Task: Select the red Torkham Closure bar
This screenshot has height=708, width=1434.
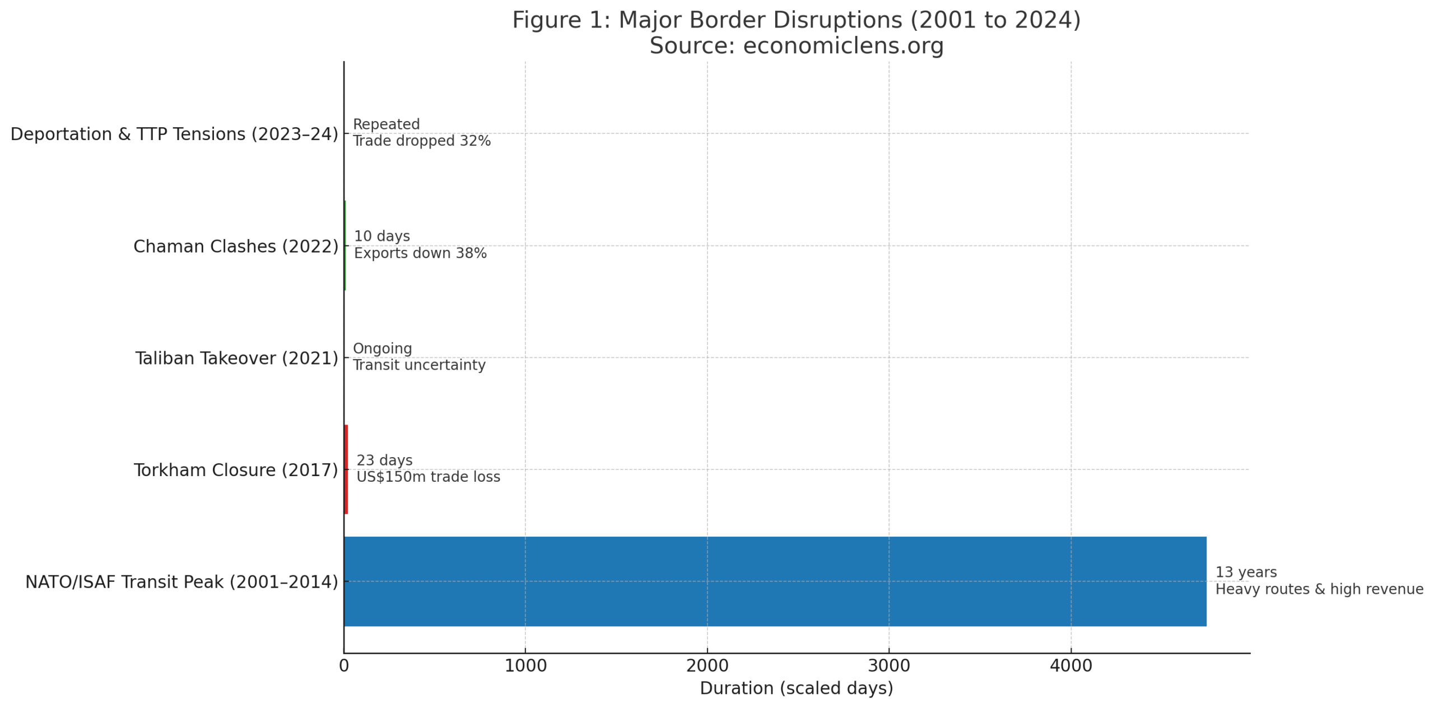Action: click(346, 469)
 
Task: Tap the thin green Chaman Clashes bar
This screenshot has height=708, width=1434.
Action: click(345, 245)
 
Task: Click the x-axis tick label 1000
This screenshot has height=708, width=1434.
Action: click(525, 666)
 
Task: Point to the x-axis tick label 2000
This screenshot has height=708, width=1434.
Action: click(707, 666)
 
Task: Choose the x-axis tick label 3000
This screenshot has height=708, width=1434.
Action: click(888, 666)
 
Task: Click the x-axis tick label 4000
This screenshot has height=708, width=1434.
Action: click(1070, 666)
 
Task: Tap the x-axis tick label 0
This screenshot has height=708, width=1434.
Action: click(343, 666)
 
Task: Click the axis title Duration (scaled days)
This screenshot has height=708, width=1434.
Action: click(796, 688)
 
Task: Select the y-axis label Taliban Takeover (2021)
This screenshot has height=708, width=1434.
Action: click(236, 358)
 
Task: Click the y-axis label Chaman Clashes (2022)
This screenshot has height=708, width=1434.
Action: click(235, 246)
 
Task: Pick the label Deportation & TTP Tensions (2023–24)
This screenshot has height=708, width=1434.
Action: click(174, 134)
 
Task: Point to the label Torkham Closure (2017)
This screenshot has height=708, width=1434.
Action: click(235, 470)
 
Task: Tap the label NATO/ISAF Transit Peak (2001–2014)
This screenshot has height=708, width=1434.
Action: click(181, 582)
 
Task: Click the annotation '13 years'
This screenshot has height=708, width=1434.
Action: click(1245, 572)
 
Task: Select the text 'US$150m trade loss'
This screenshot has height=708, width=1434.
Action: click(428, 477)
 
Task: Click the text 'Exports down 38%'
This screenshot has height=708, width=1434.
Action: click(420, 253)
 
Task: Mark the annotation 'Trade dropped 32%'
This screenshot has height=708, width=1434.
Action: click(421, 141)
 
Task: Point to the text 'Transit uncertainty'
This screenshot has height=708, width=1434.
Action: click(419, 365)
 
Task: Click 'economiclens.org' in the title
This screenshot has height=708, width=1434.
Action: click(843, 45)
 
